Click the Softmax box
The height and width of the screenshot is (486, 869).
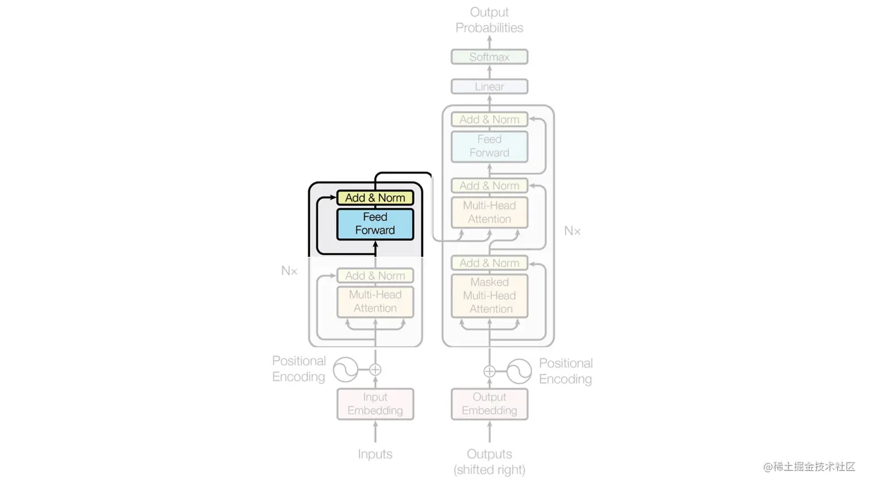489,57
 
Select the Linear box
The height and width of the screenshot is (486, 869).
489,87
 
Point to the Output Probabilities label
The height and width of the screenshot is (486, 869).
489,20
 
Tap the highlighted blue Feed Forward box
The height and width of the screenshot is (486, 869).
375,224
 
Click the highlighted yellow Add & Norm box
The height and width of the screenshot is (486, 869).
375,198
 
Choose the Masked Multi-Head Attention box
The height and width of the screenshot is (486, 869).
489,296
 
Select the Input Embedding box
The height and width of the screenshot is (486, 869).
375,404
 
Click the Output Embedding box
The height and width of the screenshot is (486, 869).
489,404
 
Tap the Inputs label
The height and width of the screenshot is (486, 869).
375,454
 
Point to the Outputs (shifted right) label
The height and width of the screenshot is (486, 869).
489,462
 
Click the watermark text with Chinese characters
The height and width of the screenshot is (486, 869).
809,466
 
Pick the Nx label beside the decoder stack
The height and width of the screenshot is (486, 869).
572,231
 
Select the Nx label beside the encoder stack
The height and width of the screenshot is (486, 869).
289,271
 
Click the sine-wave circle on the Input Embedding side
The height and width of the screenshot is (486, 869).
346,370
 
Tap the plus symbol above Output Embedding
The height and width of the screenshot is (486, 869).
489,372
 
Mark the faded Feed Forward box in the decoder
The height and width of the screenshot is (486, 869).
489,146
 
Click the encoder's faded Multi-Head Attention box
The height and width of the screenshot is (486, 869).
375,301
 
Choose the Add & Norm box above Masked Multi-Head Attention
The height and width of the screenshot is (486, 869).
489,263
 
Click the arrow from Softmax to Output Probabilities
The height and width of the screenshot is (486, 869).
490,42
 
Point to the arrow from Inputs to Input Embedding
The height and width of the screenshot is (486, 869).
375,432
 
